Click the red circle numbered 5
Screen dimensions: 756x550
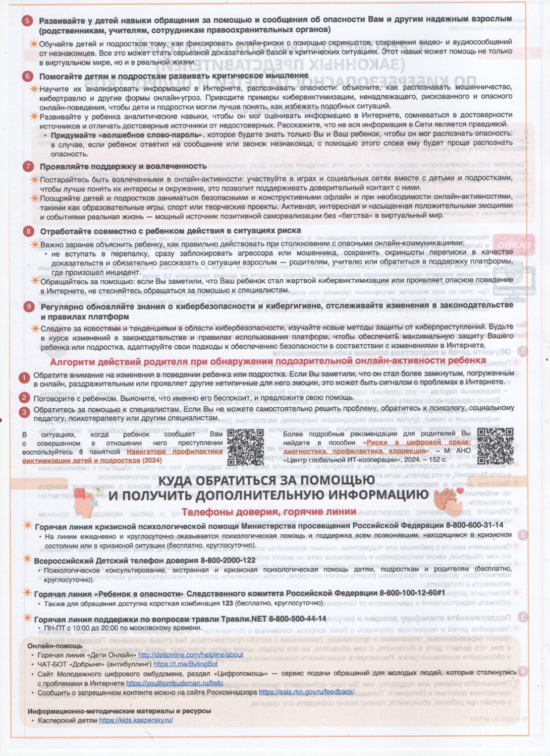pos(27,21)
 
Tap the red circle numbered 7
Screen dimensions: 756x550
pos(28,166)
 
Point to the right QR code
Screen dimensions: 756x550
pos(494,445)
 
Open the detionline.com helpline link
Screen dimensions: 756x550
pos(191,655)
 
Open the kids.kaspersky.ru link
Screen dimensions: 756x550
pos(136,720)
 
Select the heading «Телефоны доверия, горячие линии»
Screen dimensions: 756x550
pos(269,512)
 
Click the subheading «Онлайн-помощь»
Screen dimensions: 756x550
pos(55,646)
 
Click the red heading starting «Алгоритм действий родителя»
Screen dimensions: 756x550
pos(268,360)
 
